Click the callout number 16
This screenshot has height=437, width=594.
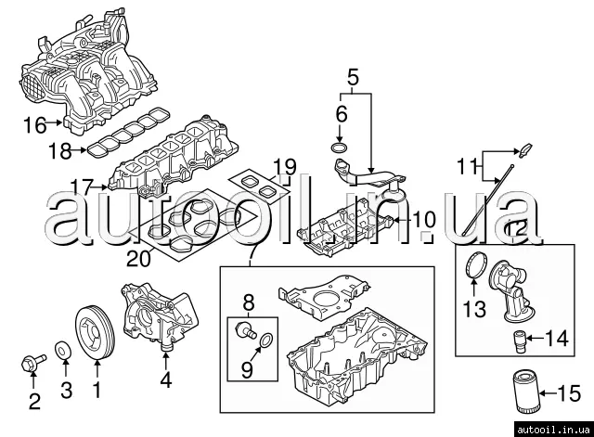33,123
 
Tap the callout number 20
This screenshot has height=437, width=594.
137,259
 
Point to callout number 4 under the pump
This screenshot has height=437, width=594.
165,379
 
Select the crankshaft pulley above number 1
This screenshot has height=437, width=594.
97,328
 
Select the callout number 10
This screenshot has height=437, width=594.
423,220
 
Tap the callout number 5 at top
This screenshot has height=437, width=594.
352,77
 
